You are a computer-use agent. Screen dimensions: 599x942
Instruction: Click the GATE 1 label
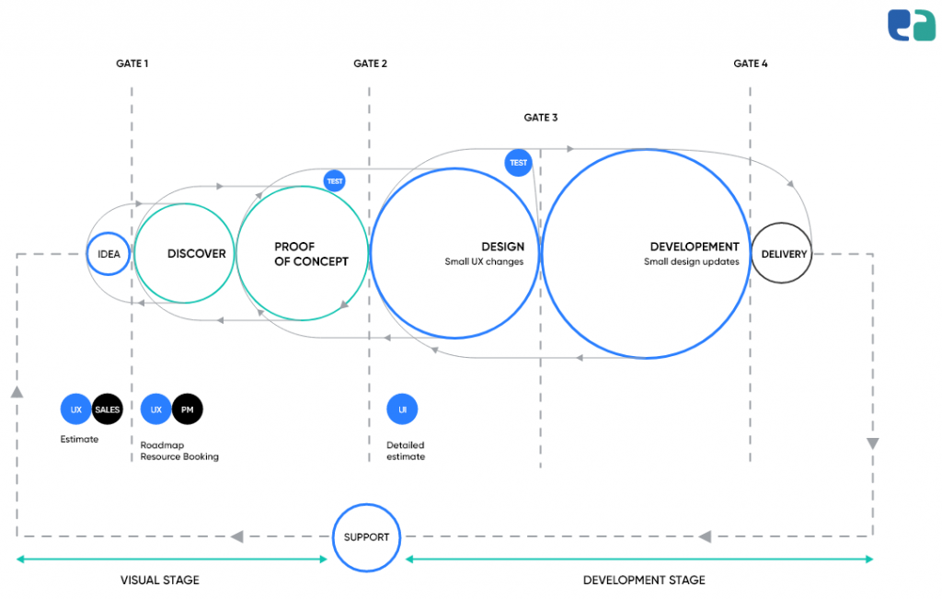coord(132,63)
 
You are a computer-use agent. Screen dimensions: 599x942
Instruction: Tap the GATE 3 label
coord(541,118)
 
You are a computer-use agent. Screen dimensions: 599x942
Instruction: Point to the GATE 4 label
coord(751,63)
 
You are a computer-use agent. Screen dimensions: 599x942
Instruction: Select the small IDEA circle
coord(109,254)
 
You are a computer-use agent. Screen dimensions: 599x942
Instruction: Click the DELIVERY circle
coord(783,254)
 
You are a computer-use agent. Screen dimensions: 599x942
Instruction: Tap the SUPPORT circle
coord(366,537)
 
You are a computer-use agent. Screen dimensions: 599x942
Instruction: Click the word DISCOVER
coord(196,254)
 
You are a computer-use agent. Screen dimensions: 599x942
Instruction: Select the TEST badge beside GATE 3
coord(519,163)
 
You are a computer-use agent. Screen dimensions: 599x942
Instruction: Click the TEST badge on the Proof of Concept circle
coord(335,181)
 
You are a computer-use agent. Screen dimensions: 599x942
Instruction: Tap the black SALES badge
coord(108,409)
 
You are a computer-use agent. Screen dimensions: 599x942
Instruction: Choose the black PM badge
coord(188,409)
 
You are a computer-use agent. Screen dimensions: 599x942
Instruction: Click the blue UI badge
coord(402,409)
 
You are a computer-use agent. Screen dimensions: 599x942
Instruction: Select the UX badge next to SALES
coord(76,409)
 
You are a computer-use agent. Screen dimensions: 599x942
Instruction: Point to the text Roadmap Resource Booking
coord(179,451)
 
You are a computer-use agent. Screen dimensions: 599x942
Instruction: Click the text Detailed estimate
coord(406,451)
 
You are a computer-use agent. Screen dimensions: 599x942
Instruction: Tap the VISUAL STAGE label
coord(160,581)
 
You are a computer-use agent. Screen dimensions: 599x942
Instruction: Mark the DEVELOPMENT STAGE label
coord(644,581)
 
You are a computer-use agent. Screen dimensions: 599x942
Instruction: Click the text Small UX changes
coord(484,262)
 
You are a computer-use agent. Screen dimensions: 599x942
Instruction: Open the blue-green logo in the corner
coord(911,25)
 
